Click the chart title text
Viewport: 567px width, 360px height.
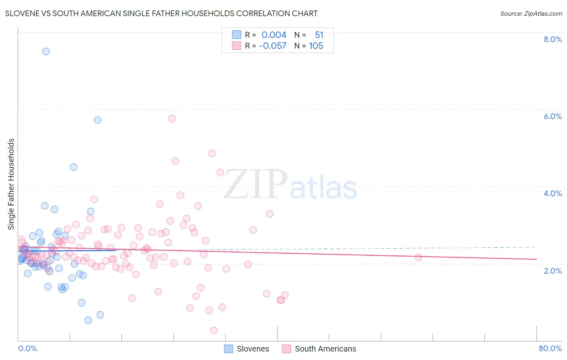point(161,13)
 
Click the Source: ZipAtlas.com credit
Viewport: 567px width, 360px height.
point(531,13)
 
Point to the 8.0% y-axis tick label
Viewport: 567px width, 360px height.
point(552,39)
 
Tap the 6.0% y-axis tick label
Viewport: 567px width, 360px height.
point(552,116)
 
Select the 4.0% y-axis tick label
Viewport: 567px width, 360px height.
point(552,193)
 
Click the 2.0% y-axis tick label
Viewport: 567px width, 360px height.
point(552,271)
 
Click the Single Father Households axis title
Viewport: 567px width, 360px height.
point(11,184)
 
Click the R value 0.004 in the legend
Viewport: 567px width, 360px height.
point(274,35)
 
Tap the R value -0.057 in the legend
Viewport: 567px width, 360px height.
point(273,46)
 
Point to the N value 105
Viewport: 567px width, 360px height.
point(316,46)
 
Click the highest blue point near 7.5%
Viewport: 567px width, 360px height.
point(46,51)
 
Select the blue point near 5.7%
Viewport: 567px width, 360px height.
point(98,120)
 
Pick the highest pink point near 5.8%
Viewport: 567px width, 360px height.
point(172,119)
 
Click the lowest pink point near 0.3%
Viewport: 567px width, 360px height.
point(214,331)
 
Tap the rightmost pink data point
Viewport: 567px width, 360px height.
point(418,257)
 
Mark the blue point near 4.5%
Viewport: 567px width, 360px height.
point(73,167)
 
